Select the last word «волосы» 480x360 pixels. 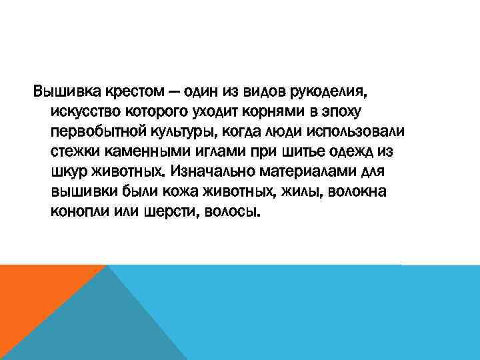tap(231, 213)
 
